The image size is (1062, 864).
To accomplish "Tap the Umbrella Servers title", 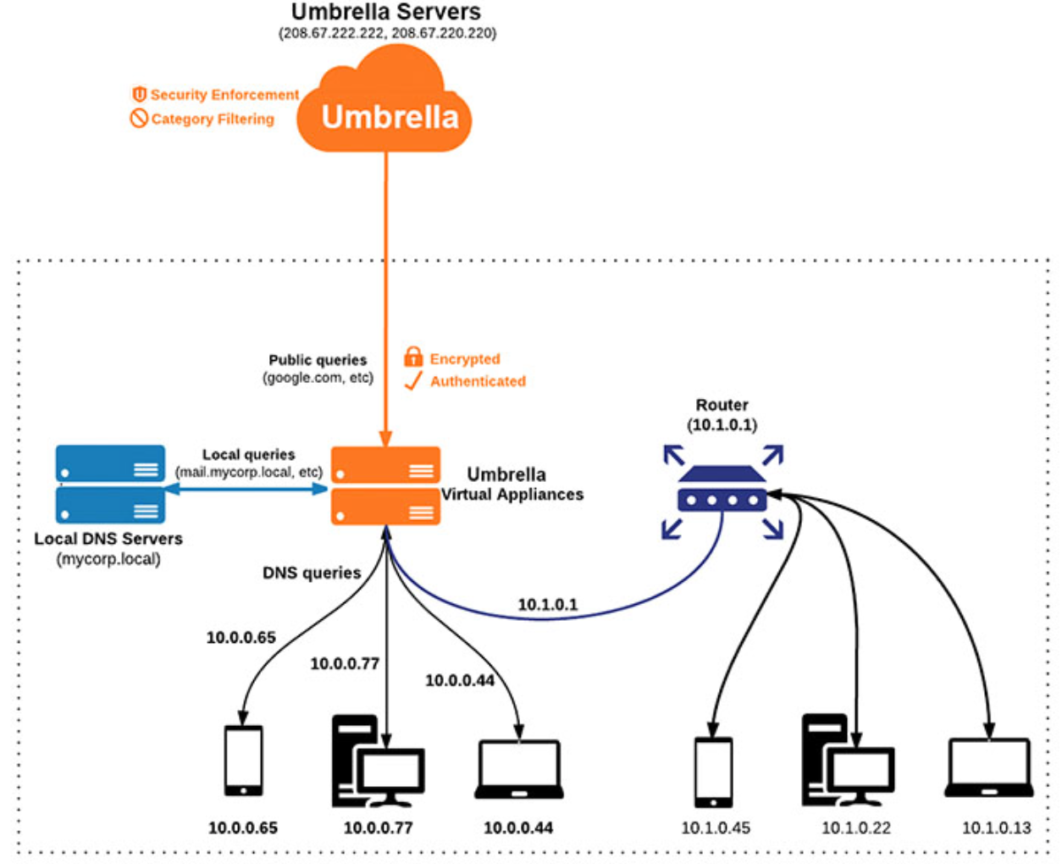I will tap(385, 12).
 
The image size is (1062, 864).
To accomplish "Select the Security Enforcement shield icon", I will tap(140, 94).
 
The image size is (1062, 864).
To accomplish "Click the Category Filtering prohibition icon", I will tap(139, 119).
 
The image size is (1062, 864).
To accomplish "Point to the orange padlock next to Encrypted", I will tap(413, 357).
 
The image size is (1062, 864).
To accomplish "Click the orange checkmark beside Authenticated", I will tap(413, 380).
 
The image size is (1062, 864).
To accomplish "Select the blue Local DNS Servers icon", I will tap(110, 485).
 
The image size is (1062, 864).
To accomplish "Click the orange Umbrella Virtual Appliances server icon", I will tap(385, 486).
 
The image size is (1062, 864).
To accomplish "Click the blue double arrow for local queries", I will tap(246, 489).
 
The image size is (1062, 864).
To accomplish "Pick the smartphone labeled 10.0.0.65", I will tap(243, 760).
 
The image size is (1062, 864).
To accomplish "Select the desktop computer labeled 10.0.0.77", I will tap(377, 762).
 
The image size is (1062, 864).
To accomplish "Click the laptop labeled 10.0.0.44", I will tap(518, 769).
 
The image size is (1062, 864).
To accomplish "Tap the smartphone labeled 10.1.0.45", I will tap(714, 772).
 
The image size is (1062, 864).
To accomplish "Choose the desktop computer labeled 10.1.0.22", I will tap(847, 762).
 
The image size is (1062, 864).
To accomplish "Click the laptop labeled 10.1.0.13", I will tap(988, 768).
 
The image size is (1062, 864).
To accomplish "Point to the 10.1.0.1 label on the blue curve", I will tap(548, 604).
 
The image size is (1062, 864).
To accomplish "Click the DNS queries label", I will tap(312, 573).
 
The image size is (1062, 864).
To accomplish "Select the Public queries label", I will tap(318, 360).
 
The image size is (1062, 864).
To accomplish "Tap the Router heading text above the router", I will tap(722, 405).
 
